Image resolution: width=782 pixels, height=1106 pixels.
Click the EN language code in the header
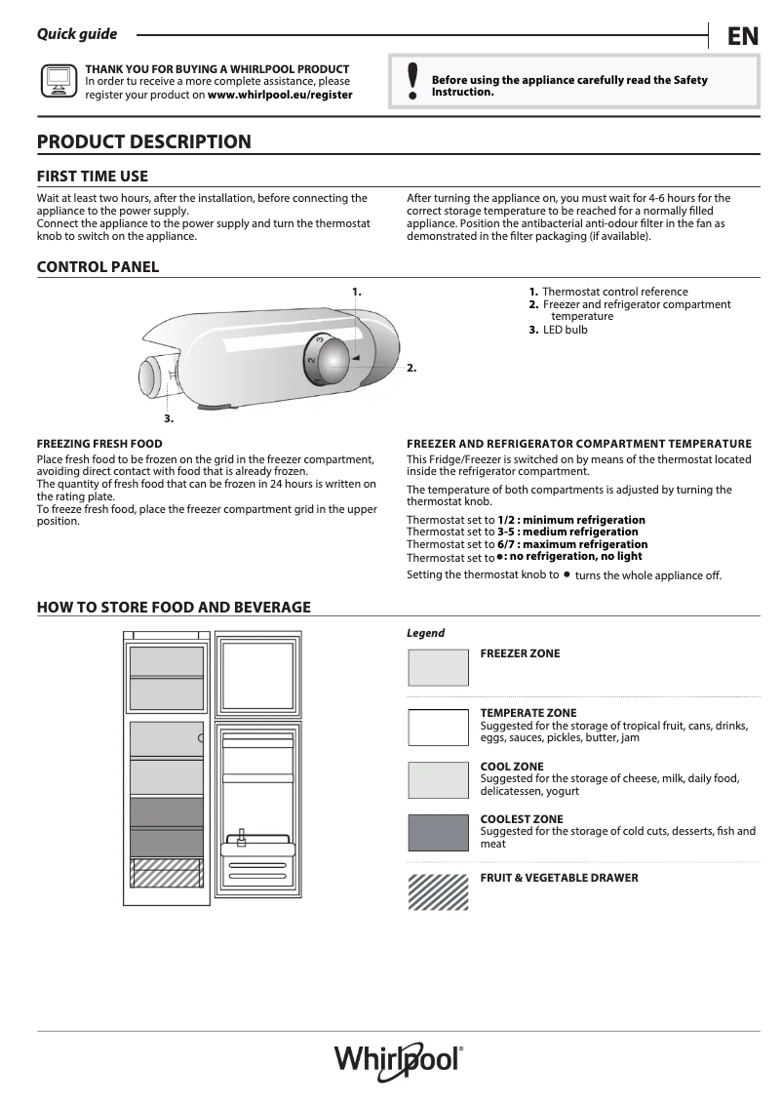[x=742, y=37]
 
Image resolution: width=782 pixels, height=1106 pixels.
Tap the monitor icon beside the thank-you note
[x=58, y=82]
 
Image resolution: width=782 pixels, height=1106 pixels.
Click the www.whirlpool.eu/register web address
[x=280, y=96]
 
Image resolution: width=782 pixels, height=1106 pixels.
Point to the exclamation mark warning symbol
[x=412, y=82]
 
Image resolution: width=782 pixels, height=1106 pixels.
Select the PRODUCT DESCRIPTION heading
[x=143, y=141]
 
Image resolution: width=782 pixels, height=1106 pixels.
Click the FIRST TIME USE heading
[x=92, y=176]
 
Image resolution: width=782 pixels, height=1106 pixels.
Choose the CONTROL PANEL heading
[x=98, y=266]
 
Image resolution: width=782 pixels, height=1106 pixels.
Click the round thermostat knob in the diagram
[x=332, y=358]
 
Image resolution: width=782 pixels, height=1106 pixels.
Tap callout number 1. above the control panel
[x=357, y=291]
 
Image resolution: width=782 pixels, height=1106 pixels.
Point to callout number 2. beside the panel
[x=411, y=368]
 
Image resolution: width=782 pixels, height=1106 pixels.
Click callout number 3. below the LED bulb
[x=169, y=418]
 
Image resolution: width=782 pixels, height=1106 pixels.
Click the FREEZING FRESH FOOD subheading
[x=99, y=444]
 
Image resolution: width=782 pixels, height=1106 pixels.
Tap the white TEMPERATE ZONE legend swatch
[x=438, y=728]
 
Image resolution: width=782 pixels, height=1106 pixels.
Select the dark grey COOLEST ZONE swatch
[x=438, y=833]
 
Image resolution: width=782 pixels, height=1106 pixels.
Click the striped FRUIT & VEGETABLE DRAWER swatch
[x=438, y=891]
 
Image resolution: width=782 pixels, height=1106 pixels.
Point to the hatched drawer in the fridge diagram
[x=167, y=873]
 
